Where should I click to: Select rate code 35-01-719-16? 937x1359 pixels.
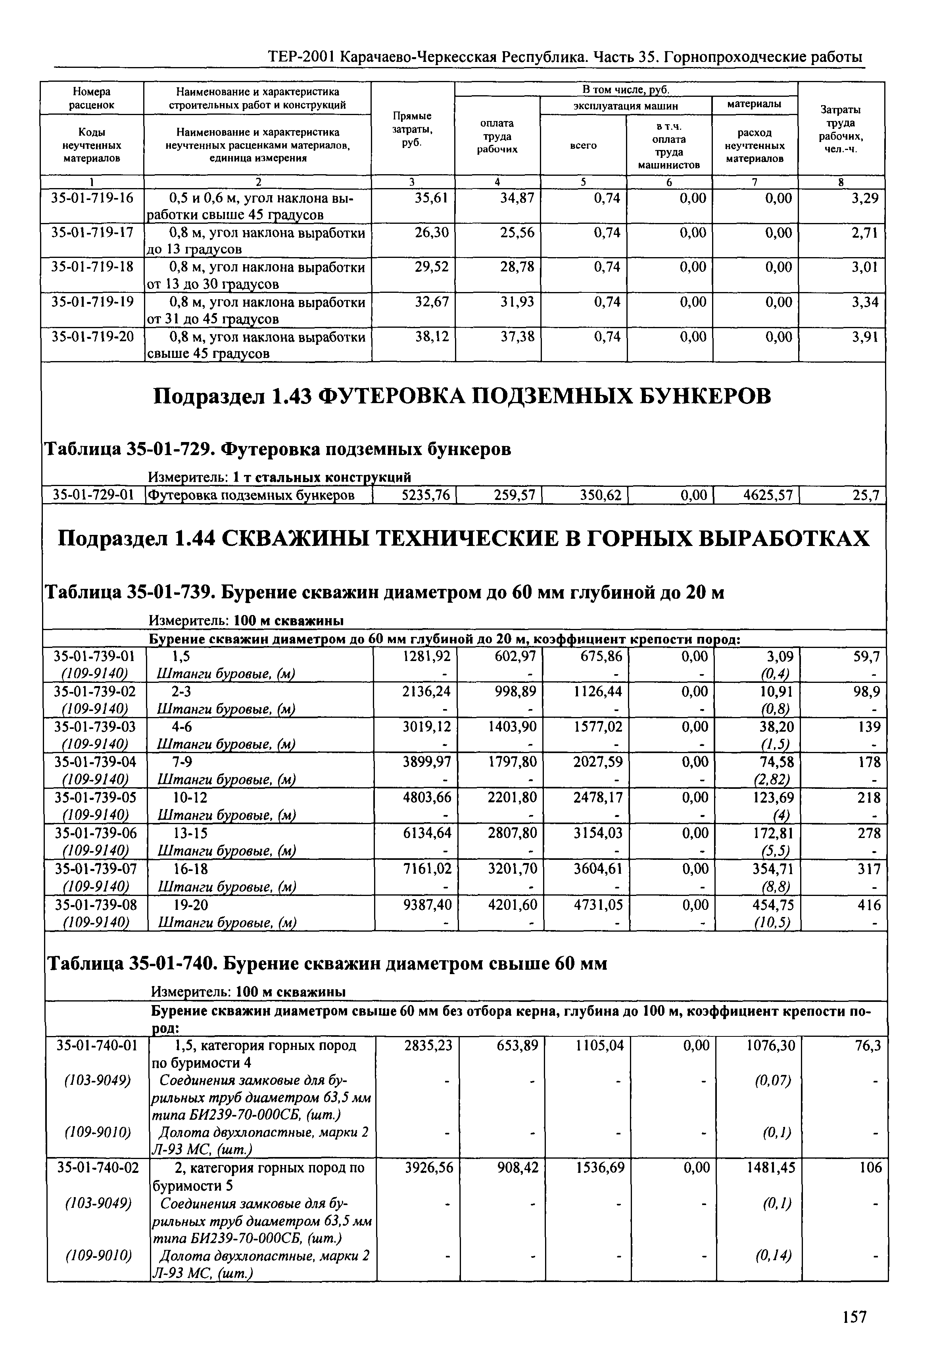coord(93,198)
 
